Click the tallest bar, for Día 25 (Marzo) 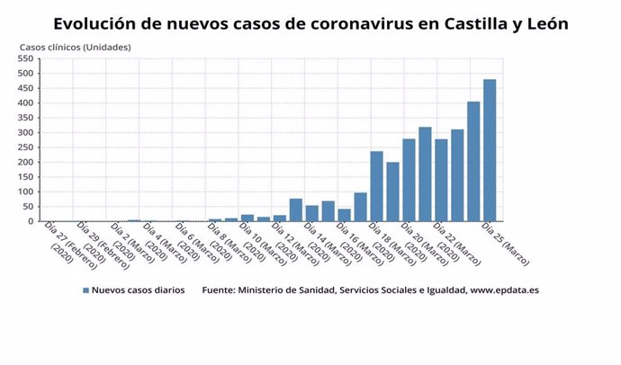point(490,150)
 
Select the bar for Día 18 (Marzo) point(376,186)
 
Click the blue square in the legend point(85,290)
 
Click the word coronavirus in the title point(355,24)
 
